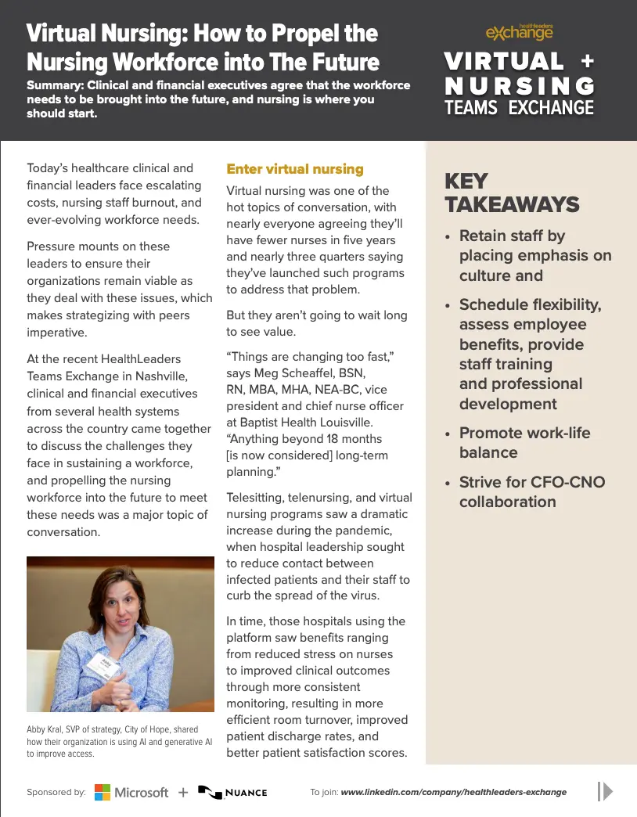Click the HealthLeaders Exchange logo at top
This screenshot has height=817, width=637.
519,31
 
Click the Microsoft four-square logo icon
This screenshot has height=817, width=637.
103,792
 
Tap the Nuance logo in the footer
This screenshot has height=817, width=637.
232,792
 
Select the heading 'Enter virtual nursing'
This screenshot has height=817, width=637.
294,169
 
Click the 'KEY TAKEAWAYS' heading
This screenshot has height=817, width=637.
512,193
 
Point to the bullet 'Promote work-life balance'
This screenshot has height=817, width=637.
524,442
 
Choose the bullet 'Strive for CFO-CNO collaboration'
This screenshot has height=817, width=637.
531,491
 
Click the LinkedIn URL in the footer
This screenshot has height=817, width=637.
453,792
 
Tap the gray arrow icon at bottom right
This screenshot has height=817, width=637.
605,791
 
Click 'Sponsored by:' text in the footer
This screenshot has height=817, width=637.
56,792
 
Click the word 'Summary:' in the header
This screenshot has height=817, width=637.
56,85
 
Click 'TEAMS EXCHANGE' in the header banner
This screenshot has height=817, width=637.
519,107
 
